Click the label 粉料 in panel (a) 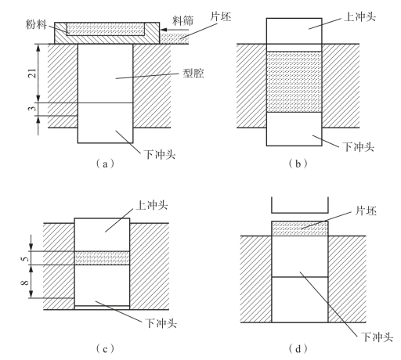click(x=36, y=24)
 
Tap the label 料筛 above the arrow click(x=183, y=20)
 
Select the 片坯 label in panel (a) click(x=221, y=16)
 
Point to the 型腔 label click(x=193, y=73)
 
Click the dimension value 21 click(x=32, y=74)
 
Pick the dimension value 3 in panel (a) click(x=32, y=107)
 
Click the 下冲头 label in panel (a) click(x=160, y=154)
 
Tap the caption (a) click(x=105, y=164)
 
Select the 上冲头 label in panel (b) click(x=360, y=16)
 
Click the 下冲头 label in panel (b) click(x=358, y=146)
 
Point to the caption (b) click(x=298, y=164)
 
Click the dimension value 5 click(x=25, y=259)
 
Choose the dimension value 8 click(x=25, y=283)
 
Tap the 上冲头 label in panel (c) click(x=151, y=205)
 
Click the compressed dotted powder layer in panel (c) click(x=102, y=258)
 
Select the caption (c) click(x=105, y=349)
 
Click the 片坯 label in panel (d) click(x=366, y=211)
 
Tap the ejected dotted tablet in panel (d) click(x=300, y=229)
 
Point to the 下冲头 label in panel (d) click(x=378, y=337)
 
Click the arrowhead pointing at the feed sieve click(x=163, y=30)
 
